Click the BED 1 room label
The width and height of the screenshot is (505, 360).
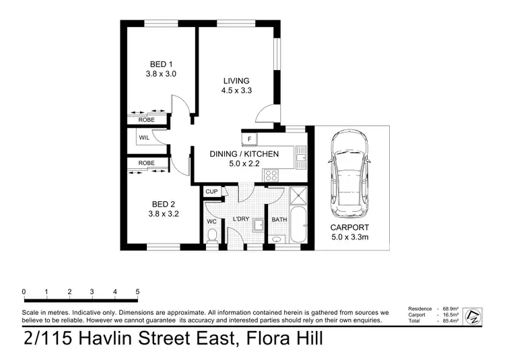[161, 65]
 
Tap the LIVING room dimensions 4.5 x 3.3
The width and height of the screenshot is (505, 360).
[236, 90]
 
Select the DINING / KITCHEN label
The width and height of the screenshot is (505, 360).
[244, 154]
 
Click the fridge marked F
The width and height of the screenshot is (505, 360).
[249, 139]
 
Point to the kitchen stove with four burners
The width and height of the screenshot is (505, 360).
[271, 176]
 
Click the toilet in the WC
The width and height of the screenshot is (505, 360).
[212, 236]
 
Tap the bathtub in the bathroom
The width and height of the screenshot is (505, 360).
[298, 225]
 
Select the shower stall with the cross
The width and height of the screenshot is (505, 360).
[298, 195]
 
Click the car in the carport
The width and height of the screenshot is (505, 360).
[349, 174]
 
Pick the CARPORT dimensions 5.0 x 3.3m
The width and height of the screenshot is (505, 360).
[349, 238]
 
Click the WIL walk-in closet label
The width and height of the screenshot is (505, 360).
[144, 138]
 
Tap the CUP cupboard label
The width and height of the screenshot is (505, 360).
[211, 191]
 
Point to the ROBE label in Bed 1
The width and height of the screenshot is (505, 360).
[147, 120]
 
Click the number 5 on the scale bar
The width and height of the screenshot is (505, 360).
[137, 292]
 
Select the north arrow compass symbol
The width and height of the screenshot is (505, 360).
[473, 316]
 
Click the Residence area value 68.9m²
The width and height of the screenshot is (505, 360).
[450, 309]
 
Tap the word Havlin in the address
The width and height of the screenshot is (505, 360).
[104, 338]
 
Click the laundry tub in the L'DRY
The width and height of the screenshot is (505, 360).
[259, 225]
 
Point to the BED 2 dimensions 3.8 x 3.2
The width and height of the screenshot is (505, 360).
[164, 213]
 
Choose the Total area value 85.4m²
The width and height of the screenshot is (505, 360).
[450, 321]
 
